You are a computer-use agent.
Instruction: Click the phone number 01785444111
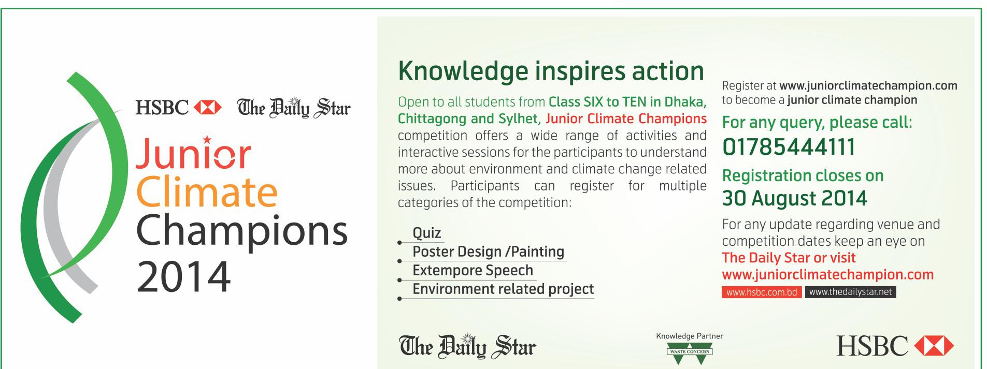pyautogui.click(x=789, y=147)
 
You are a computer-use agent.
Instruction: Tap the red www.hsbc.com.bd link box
pyautogui.click(x=762, y=292)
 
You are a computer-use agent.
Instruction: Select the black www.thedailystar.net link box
pyautogui.click(x=850, y=292)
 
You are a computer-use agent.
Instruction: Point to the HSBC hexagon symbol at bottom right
pyautogui.click(x=933, y=346)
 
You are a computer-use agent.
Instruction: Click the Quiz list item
pyautogui.click(x=426, y=233)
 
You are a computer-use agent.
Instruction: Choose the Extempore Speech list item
pyautogui.click(x=473, y=270)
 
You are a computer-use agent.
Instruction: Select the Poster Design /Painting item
pyautogui.click(x=488, y=252)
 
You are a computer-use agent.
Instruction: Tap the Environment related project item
pyautogui.click(x=503, y=289)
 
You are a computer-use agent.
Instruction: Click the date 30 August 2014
pyautogui.click(x=794, y=198)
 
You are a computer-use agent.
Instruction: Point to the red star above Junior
pyautogui.click(x=207, y=139)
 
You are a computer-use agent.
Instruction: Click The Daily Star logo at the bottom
pyautogui.click(x=467, y=346)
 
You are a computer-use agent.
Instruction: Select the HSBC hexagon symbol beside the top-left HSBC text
pyautogui.click(x=207, y=108)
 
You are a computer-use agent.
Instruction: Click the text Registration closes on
pyautogui.click(x=803, y=175)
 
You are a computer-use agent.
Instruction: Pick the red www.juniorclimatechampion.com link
pyautogui.click(x=827, y=274)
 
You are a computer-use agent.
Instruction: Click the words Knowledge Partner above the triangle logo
pyautogui.click(x=690, y=336)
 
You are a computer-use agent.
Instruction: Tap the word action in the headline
pyautogui.click(x=668, y=71)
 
